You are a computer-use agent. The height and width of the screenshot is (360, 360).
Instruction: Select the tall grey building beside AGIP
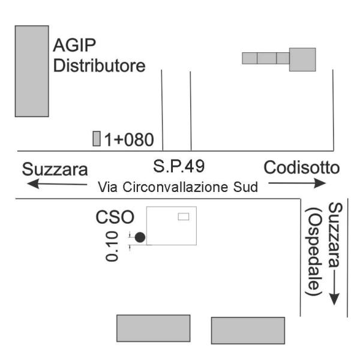coord(32,71)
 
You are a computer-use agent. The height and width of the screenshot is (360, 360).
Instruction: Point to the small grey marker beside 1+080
coord(97,139)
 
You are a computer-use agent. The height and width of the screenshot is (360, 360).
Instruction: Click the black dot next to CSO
coord(140,238)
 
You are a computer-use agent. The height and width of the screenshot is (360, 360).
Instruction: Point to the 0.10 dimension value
coord(112,248)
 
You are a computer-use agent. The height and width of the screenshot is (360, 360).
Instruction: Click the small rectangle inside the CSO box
coord(184,216)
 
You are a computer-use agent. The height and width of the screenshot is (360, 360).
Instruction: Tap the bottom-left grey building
coord(153,328)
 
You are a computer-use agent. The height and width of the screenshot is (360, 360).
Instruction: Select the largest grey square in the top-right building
coord(302,59)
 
